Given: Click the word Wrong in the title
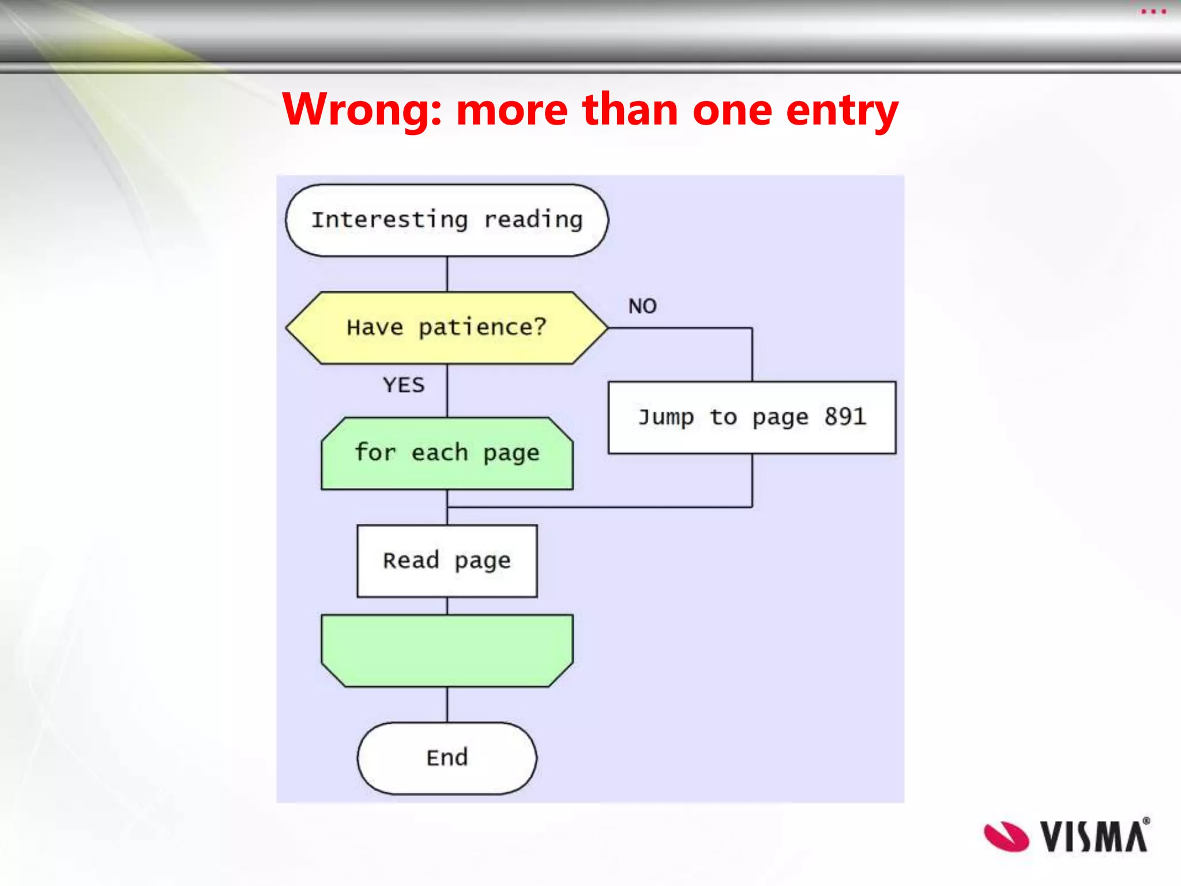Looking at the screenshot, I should click(362, 110).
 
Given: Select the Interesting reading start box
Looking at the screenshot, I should click(447, 220).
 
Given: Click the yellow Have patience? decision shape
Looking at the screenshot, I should click(447, 328).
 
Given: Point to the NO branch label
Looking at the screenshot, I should click(642, 306).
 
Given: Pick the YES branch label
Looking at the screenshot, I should click(404, 385).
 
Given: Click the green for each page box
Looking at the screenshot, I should click(447, 453).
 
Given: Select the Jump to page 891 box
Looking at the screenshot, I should click(751, 417).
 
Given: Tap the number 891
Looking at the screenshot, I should click(845, 416).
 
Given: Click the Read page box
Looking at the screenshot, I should click(447, 561).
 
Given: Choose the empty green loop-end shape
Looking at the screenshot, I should click(447, 650).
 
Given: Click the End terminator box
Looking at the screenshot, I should click(447, 758).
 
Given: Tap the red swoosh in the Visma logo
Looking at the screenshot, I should click(1006, 836).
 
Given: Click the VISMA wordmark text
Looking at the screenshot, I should click(1093, 836).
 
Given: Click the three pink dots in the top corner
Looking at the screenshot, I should click(1153, 12).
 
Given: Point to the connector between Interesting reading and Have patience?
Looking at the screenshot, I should click(447, 274).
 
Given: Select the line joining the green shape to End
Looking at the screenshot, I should click(447, 704).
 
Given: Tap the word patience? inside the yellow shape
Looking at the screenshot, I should click(482, 328).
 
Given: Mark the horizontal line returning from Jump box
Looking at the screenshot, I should click(600, 507).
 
